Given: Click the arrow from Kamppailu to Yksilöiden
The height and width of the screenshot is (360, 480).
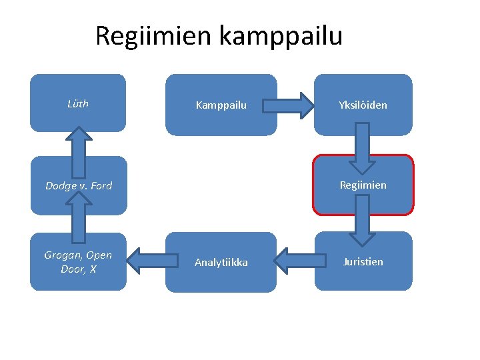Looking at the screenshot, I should tap(287, 105).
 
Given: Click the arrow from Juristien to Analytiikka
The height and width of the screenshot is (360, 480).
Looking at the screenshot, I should tap(295, 261).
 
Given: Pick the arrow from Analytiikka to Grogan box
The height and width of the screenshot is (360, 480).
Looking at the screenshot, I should tap(147, 261).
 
